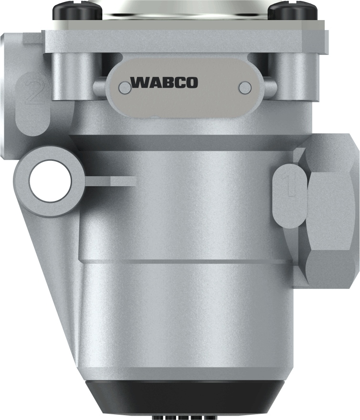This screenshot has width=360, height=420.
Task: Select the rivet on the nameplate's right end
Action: [245, 87]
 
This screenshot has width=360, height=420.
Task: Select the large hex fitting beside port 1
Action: [329, 210]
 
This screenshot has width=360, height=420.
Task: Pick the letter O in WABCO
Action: [191, 83]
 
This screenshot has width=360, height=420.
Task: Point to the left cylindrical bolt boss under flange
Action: [72, 76]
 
